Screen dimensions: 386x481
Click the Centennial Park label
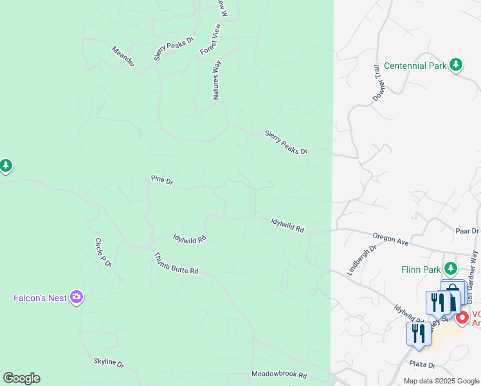(415, 66)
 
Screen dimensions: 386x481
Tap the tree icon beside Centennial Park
(456, 64)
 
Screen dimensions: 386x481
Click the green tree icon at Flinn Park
(452, 268)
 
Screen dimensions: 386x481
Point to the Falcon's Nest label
(40, 298)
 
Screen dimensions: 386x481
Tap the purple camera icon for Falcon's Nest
(77, 297)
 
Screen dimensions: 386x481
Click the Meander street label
(123, 56)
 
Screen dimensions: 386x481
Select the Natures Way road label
(217, 80)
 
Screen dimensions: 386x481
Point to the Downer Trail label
(377, 83)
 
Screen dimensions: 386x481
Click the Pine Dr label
(162, 180)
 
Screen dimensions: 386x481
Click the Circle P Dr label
(103, 252)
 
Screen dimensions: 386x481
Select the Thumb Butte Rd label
(176, 263)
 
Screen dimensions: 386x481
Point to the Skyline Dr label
(108, 362)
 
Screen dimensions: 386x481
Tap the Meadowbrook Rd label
(279, 375)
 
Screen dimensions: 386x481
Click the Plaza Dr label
(422, 363)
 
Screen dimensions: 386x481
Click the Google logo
(21, 378)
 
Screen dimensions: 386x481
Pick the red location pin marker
(462, 318)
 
